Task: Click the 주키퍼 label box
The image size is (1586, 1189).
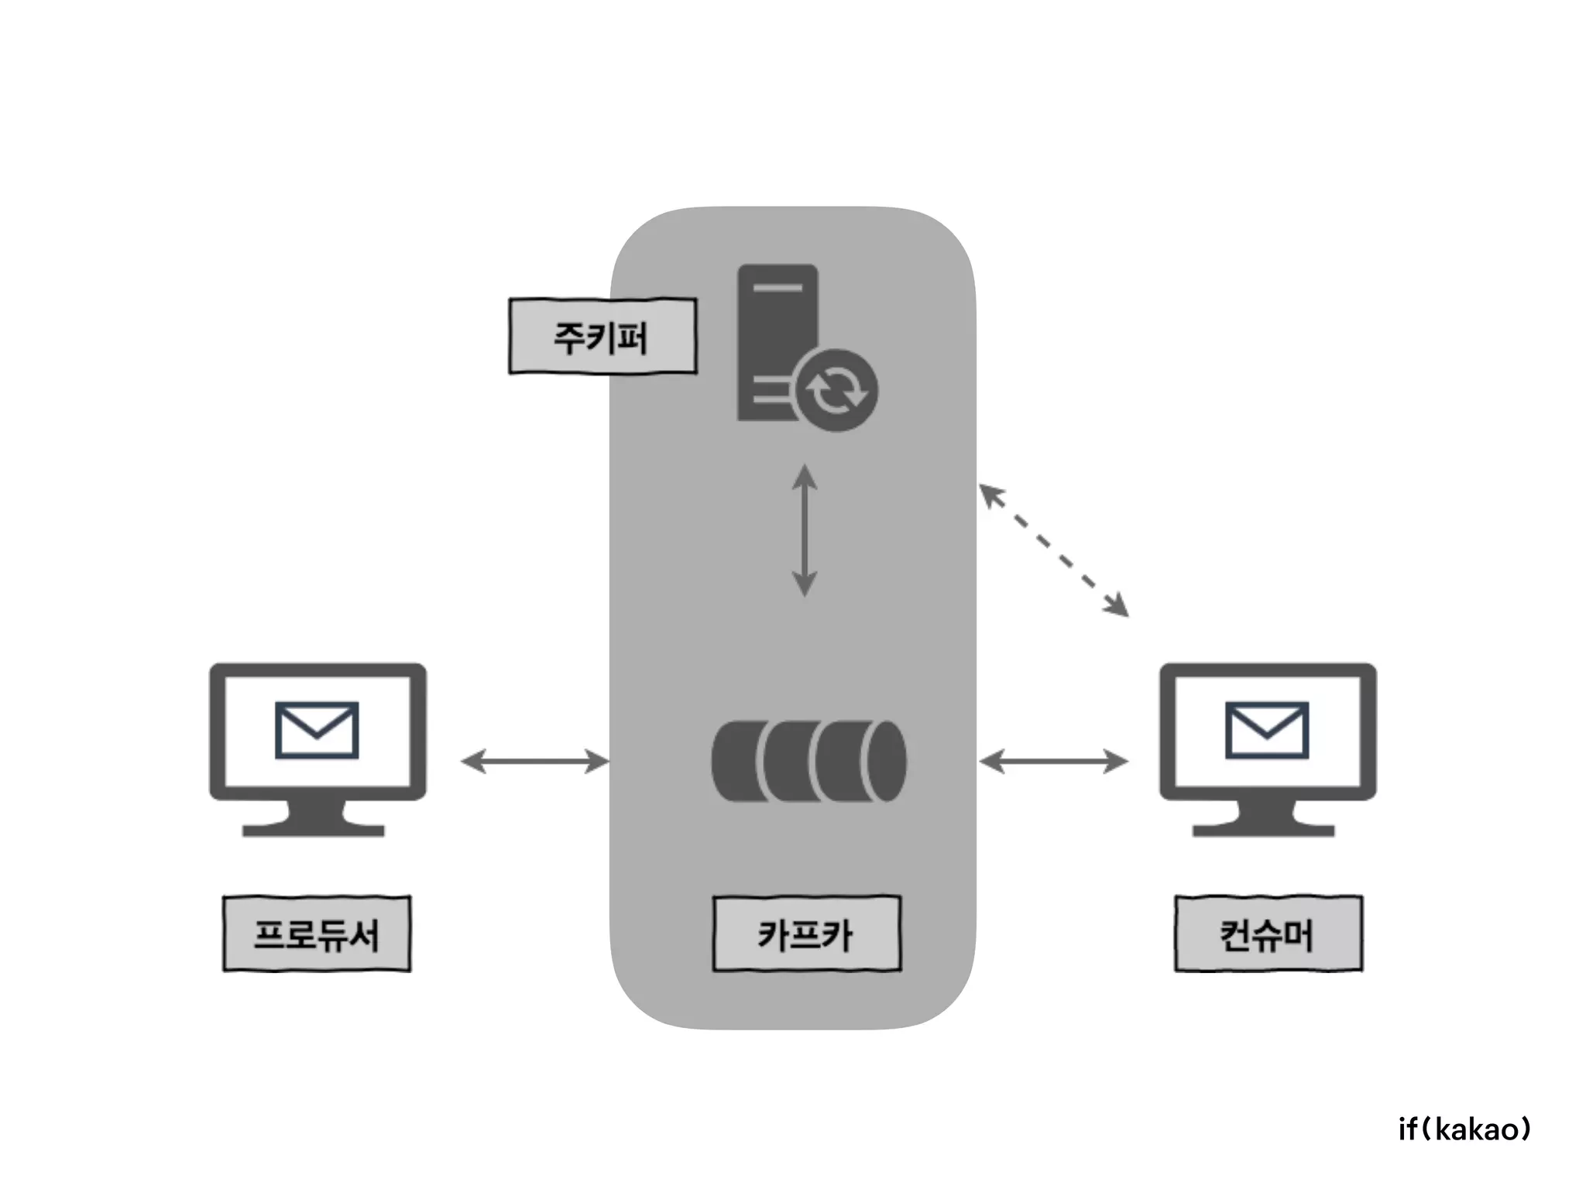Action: point(602,337)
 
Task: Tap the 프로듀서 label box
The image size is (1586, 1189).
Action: point(317,934)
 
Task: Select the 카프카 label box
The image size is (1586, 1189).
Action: point(806,934)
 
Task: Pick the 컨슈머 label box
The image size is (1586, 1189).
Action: point(1268,934)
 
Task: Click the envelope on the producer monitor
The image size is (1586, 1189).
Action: point(317,730)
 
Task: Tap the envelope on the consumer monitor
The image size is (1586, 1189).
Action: point(1267,730)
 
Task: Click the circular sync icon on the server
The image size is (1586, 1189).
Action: point(836,390)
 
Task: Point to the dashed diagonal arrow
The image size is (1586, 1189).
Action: point(1054,550)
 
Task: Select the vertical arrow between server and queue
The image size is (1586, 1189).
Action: point(805,530)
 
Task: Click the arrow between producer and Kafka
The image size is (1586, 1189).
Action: point(535,761)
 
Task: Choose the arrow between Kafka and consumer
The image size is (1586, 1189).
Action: point(1054,761)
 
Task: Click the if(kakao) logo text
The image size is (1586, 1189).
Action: point(1464,1129)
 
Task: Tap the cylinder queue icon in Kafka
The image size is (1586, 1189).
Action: point(808,761)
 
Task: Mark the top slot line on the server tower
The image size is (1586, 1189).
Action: point(778,288)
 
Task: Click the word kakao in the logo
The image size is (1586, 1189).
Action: point(1478,1129)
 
